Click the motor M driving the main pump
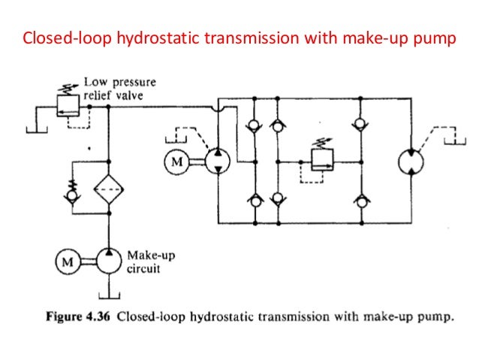point(178,162)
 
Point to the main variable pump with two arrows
point(218,161)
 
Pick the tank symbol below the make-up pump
point(110,289)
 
